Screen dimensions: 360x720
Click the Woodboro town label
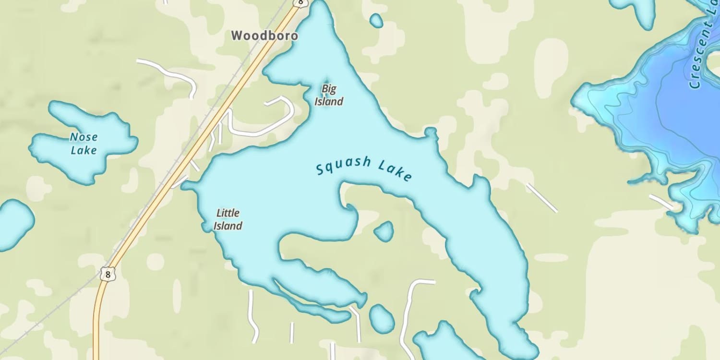pos(264,36)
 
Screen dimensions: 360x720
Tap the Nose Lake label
pos(84,144)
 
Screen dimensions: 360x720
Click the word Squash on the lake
pos(343,166)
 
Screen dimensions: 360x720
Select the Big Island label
pos(329,95)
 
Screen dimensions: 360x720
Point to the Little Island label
pos(228,219)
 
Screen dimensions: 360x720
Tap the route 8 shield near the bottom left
pos(108,274)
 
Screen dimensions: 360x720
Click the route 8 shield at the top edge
pos(300,3)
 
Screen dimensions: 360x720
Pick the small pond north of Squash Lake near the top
pos(376,20)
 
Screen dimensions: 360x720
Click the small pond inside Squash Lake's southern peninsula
pos(384,231)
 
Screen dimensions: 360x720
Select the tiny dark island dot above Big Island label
pos(327,81)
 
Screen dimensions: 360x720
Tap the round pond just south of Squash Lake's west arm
pos(382,319)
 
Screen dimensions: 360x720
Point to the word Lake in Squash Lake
pos(395,171)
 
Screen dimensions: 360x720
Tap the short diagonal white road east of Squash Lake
pos(541,197)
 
